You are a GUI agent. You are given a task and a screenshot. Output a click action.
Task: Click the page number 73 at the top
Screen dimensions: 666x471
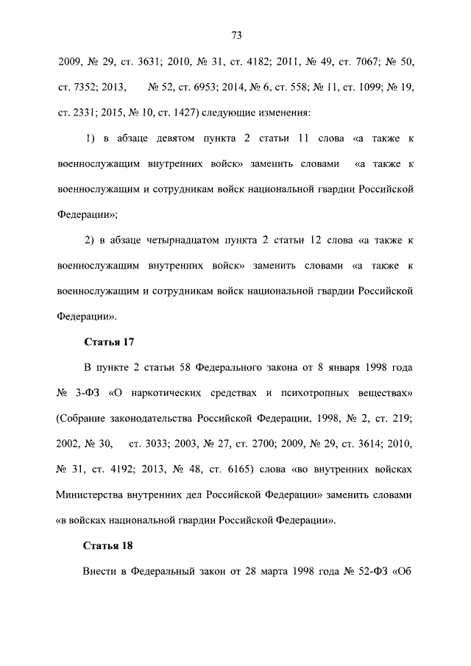(x=236, y=35)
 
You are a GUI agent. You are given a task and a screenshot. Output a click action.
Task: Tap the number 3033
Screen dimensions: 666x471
(x=154, y=444)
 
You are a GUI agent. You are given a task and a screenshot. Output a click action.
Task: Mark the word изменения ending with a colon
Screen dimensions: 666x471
(x=280, y=113)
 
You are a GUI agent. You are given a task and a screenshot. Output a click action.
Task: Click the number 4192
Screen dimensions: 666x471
(x=121, y=470)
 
